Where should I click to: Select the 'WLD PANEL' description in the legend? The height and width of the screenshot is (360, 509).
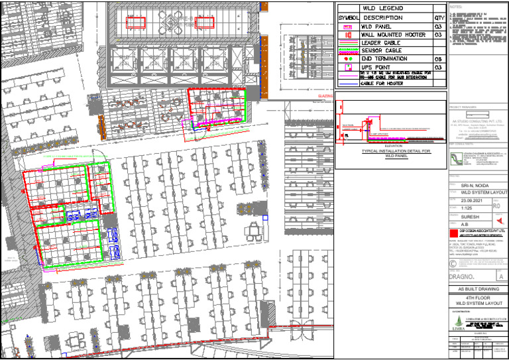tap(376, 26)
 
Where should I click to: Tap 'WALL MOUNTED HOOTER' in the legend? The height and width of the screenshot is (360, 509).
tap(392, 34)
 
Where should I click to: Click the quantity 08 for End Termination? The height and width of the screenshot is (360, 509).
tap(439, 59)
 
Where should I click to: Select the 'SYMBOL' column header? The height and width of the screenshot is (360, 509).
tap(348, 17)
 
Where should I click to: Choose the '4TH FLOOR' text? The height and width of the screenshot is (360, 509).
tap(477, 298)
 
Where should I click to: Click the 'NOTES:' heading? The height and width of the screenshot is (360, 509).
tap(457, 6)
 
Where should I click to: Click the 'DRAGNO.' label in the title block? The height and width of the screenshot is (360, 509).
tap(465, 274)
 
